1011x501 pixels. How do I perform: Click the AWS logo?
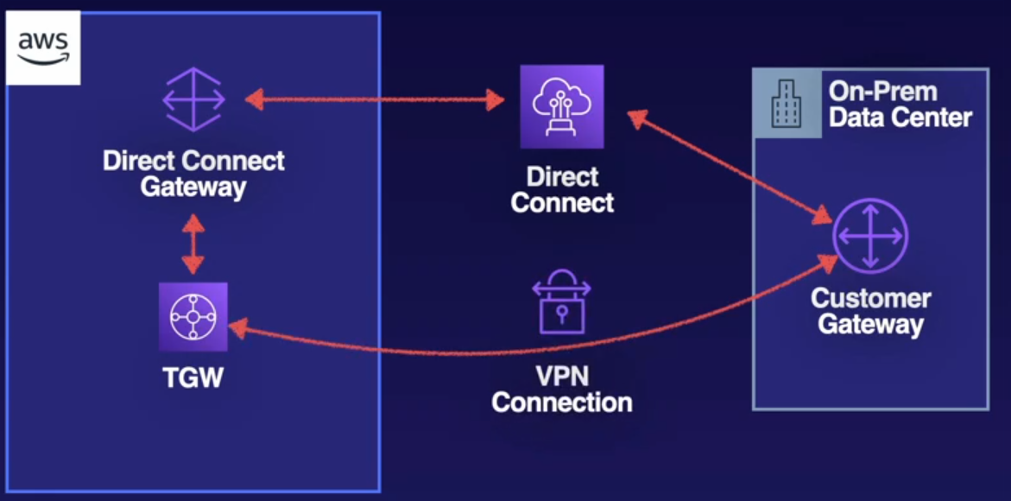(x=43, y=48)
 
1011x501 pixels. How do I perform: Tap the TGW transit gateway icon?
(x=193, y=317)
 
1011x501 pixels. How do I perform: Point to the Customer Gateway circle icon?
(x=870, y=235)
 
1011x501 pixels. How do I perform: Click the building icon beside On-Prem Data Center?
(x=787, y=104)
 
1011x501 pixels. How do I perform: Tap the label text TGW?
(x=193, y=377)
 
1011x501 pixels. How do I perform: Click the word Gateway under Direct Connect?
(x=193, y=187)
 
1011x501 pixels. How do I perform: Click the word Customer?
(x=870, y=299)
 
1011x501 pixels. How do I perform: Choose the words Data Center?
(x=900, y=117)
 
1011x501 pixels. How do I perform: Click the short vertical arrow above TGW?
(x=193, y=245)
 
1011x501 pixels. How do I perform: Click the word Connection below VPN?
(x=562, y=403)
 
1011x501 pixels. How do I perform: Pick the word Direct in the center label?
(x=562, y=178)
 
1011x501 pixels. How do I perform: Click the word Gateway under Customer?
(x=870, y=325)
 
